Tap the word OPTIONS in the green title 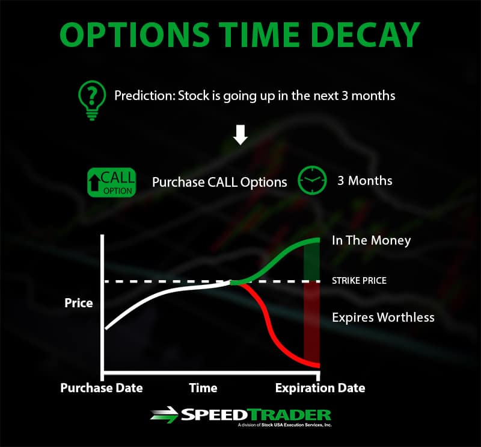[135, 34]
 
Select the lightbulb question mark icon [92, 100]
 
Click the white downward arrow [240, 135]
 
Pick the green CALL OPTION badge [112, 183]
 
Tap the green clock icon [312, 180]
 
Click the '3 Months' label [365, 181]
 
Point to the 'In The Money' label [371, 240]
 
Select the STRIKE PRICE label [359, 280]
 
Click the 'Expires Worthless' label [383, 317]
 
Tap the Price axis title [79, 303]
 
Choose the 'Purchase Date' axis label [102, 388]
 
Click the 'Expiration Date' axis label [320, 388]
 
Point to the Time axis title [203, 388]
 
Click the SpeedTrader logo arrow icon [164, 415]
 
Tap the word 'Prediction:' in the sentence [145, 96]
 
